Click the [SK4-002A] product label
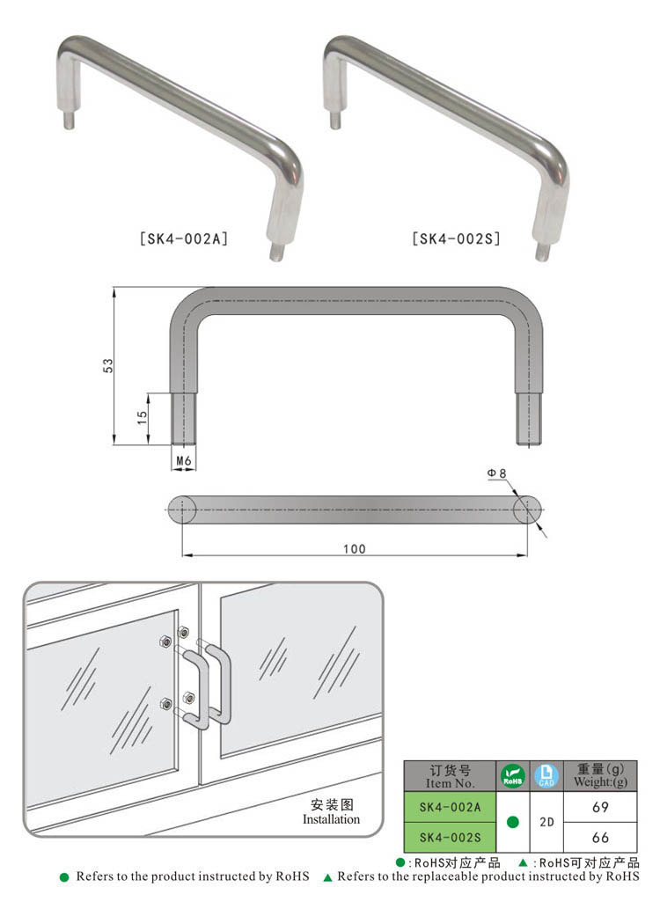184,238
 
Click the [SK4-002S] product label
456,238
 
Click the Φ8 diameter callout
497,474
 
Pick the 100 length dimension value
354,549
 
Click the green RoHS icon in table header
513,776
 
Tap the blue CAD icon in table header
546,776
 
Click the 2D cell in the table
546,822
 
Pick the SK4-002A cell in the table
450,807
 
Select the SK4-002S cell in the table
450,836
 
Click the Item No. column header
450,776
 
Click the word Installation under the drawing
332,819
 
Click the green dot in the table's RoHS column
513,822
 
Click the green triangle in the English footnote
328,877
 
